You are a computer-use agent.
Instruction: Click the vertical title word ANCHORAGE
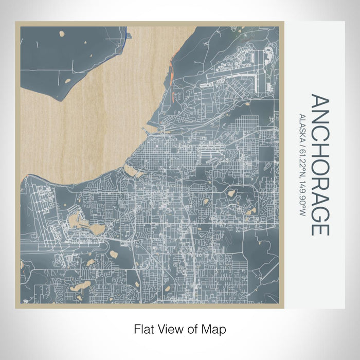(x=319, y=165)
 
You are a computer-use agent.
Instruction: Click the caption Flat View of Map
(x=180, y=328)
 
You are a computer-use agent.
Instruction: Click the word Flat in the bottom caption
(x=143, y=328)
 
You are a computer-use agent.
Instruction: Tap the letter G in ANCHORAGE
(x=319, y=213)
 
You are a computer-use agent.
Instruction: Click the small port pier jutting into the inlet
(x=149, y=123)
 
